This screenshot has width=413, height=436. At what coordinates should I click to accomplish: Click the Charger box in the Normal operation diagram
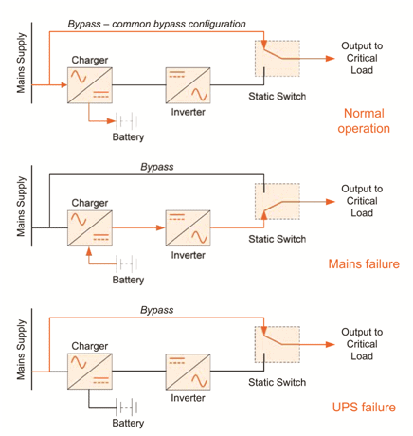click(89, 86)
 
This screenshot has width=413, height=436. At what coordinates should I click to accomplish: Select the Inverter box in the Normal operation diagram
click(187, 86)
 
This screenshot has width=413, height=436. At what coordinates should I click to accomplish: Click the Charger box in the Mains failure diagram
click(89, 228)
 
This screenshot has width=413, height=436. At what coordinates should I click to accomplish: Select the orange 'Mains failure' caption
click(357, 265)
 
